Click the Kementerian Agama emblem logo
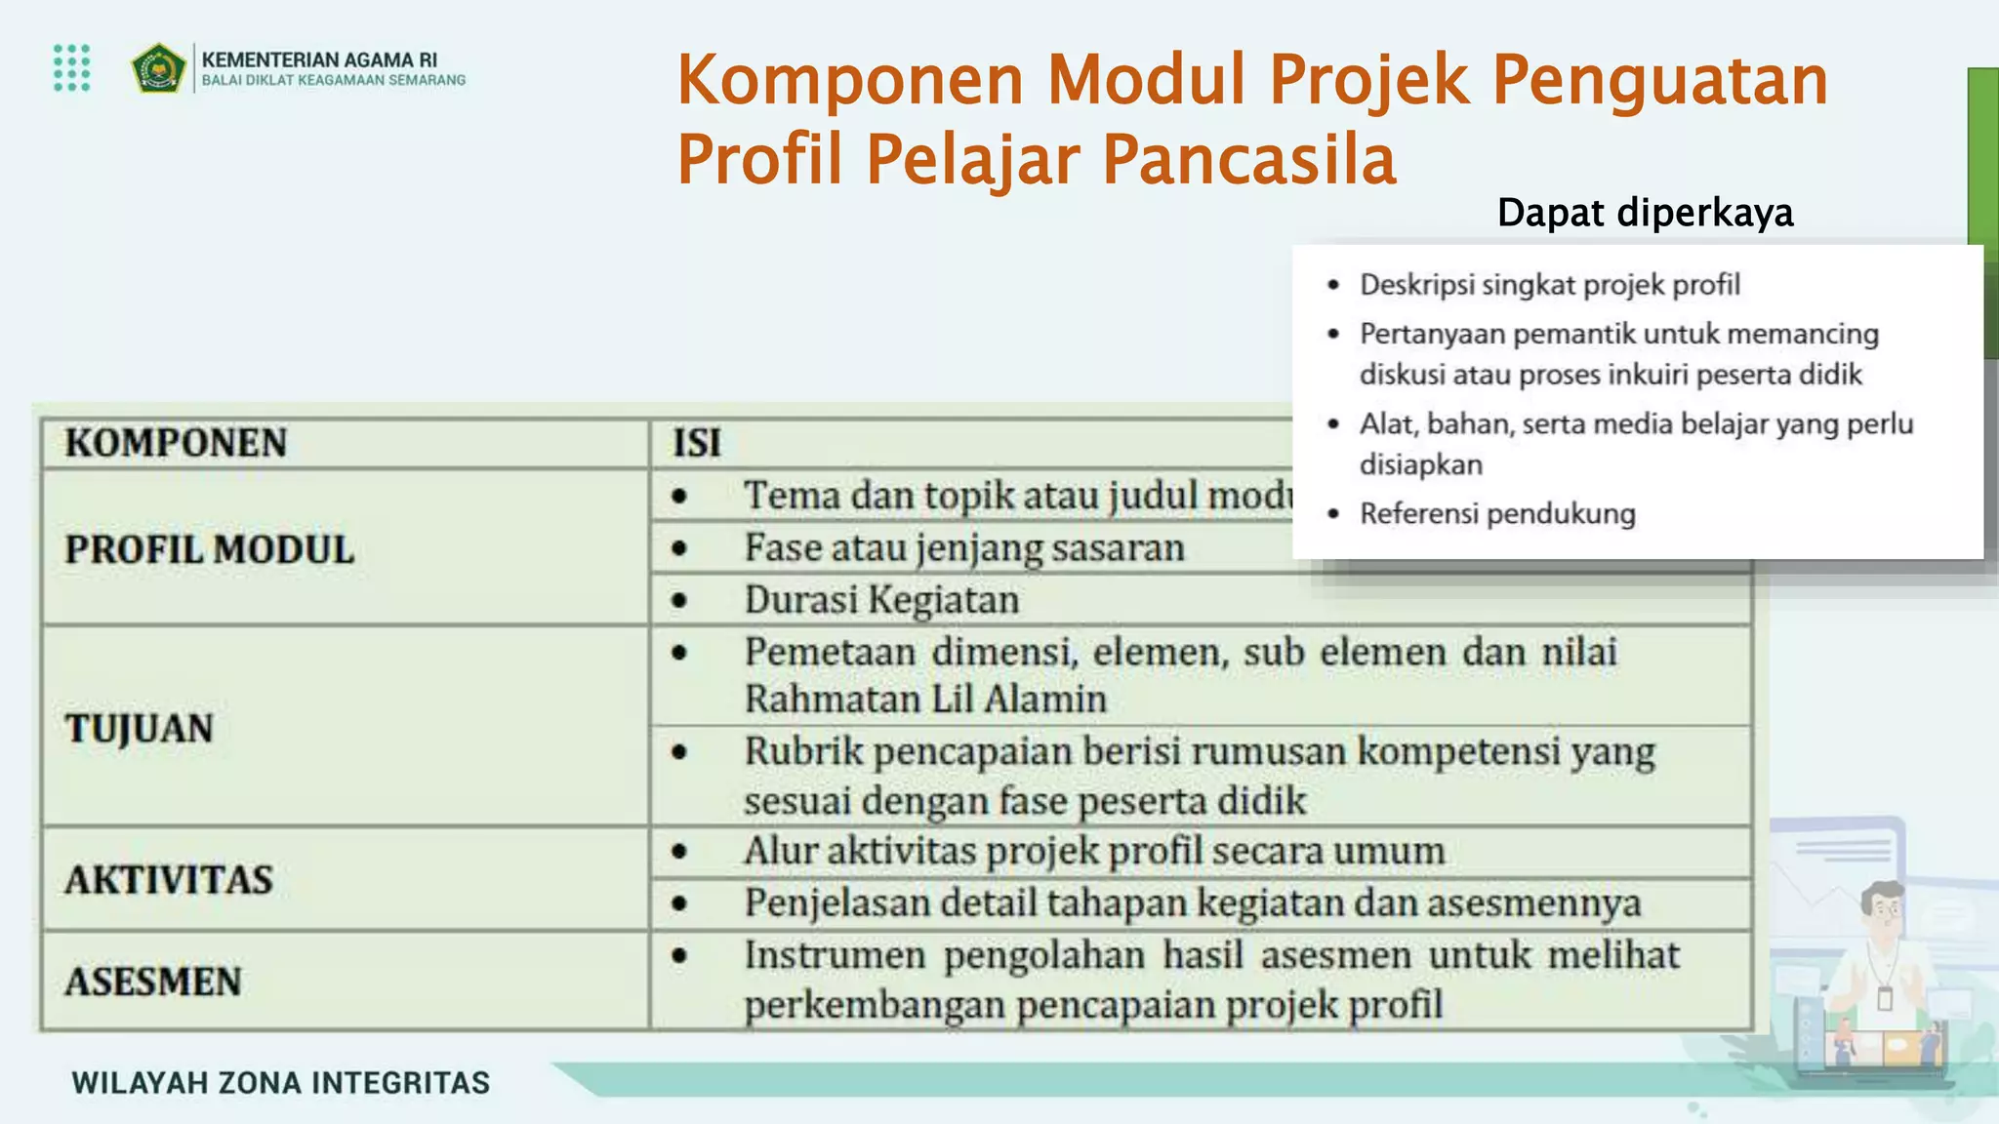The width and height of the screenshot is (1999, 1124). click(158, 68)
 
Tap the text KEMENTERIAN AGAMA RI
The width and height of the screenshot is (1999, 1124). click(319, 60)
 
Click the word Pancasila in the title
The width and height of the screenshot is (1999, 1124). click(1248, 160)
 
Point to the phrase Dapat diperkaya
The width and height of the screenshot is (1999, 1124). click(1645, 213)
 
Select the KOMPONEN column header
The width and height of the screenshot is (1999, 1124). click(177, 443)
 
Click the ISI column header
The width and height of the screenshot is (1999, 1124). click(696, 443)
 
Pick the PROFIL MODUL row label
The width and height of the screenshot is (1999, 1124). click(209, 549)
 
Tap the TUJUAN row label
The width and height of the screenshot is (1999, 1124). click(139, 729)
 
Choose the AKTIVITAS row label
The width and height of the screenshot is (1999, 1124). click(169, 880)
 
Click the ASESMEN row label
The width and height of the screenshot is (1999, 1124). click(153, 982)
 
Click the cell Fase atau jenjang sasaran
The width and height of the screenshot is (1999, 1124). click(963, 548)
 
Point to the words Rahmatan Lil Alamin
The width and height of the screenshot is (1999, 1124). click(925, 700)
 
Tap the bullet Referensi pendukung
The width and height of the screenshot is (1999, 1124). click(1497, 514)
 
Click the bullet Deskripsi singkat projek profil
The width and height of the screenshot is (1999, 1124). click(1549, 285)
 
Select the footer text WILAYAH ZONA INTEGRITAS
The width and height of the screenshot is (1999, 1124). click(281, 1083)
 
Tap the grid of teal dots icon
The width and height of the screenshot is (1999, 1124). click(72, 67)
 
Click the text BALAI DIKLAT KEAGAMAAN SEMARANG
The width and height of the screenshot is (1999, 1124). click(333, 81)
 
